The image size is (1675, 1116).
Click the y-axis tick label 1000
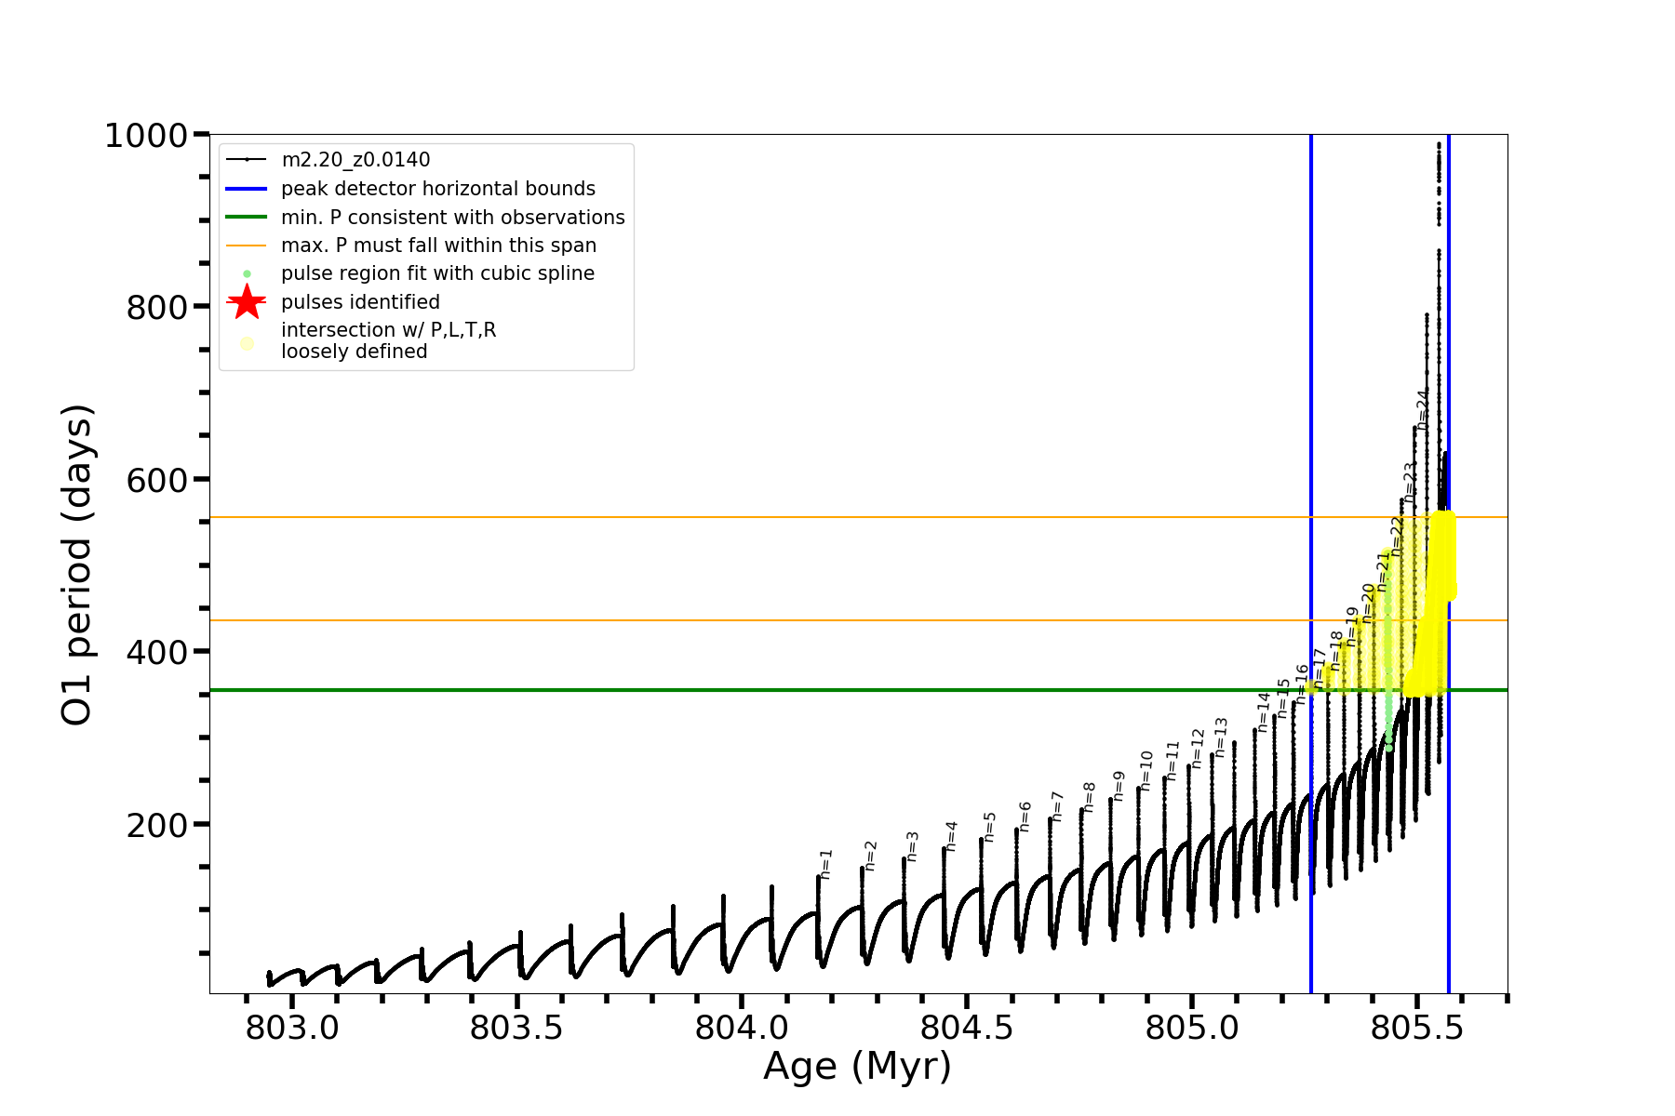pos(146,137)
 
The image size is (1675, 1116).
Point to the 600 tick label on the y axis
pos(157,480)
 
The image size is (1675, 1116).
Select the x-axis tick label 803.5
pos(516,1029)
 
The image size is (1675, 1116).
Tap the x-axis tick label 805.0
pos(1192,1029)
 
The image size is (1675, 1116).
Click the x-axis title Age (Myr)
pos(857,1067)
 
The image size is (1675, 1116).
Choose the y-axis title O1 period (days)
pos(77,565)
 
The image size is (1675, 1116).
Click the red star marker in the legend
pos(247,302)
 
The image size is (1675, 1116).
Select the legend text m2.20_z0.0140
pos(355,160)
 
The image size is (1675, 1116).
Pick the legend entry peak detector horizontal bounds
pos(437,189)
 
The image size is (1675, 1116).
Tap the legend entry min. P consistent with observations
pos(452,218)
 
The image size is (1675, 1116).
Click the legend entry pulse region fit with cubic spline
pos(437,273)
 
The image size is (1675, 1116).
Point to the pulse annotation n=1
pos(825,864)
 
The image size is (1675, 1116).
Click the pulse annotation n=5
pos(990,826)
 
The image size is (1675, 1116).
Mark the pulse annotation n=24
pos(1422,408)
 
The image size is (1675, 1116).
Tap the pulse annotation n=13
pos(1221,737)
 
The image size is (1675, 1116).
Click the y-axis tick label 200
pos(157,825)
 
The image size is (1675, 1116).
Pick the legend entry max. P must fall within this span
pos(438,246)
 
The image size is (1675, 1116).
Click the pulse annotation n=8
pos(1089,797)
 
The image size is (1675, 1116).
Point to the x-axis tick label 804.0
pos(742,1029)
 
